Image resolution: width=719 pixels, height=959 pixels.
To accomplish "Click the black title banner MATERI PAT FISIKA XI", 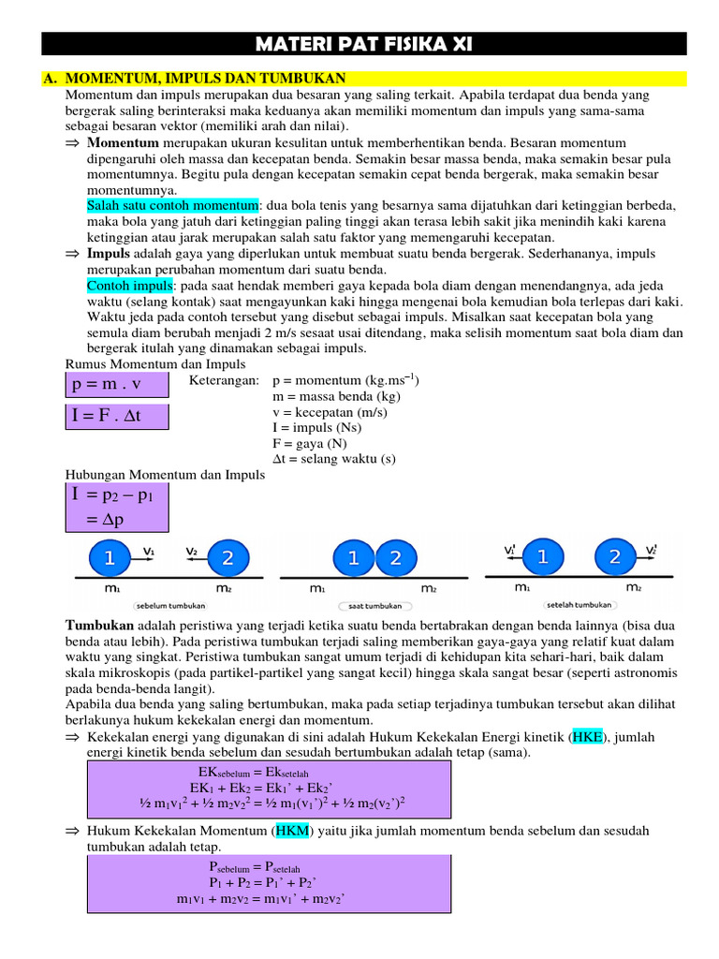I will [365, 44].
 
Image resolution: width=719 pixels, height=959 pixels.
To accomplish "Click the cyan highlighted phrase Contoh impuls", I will [130, 285].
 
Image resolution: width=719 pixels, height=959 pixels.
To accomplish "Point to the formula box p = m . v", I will [116, 384].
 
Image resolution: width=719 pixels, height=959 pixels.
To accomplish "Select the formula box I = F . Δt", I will [116, 415].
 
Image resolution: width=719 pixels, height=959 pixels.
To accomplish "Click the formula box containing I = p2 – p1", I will [116, 507].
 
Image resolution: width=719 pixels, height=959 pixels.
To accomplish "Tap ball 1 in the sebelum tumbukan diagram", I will [110, 559].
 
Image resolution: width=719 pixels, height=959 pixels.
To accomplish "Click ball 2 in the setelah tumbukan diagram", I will [614, 557].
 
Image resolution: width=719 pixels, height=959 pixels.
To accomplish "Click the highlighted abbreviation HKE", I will [587, 737].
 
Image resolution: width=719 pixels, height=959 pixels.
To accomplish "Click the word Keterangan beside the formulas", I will [223, 381].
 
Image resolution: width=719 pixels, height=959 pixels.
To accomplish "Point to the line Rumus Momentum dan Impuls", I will [155, 363].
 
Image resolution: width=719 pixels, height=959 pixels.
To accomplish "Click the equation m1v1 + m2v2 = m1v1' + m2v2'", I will [261, 899].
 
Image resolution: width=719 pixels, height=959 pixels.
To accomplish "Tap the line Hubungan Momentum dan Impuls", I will [165, 475].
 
